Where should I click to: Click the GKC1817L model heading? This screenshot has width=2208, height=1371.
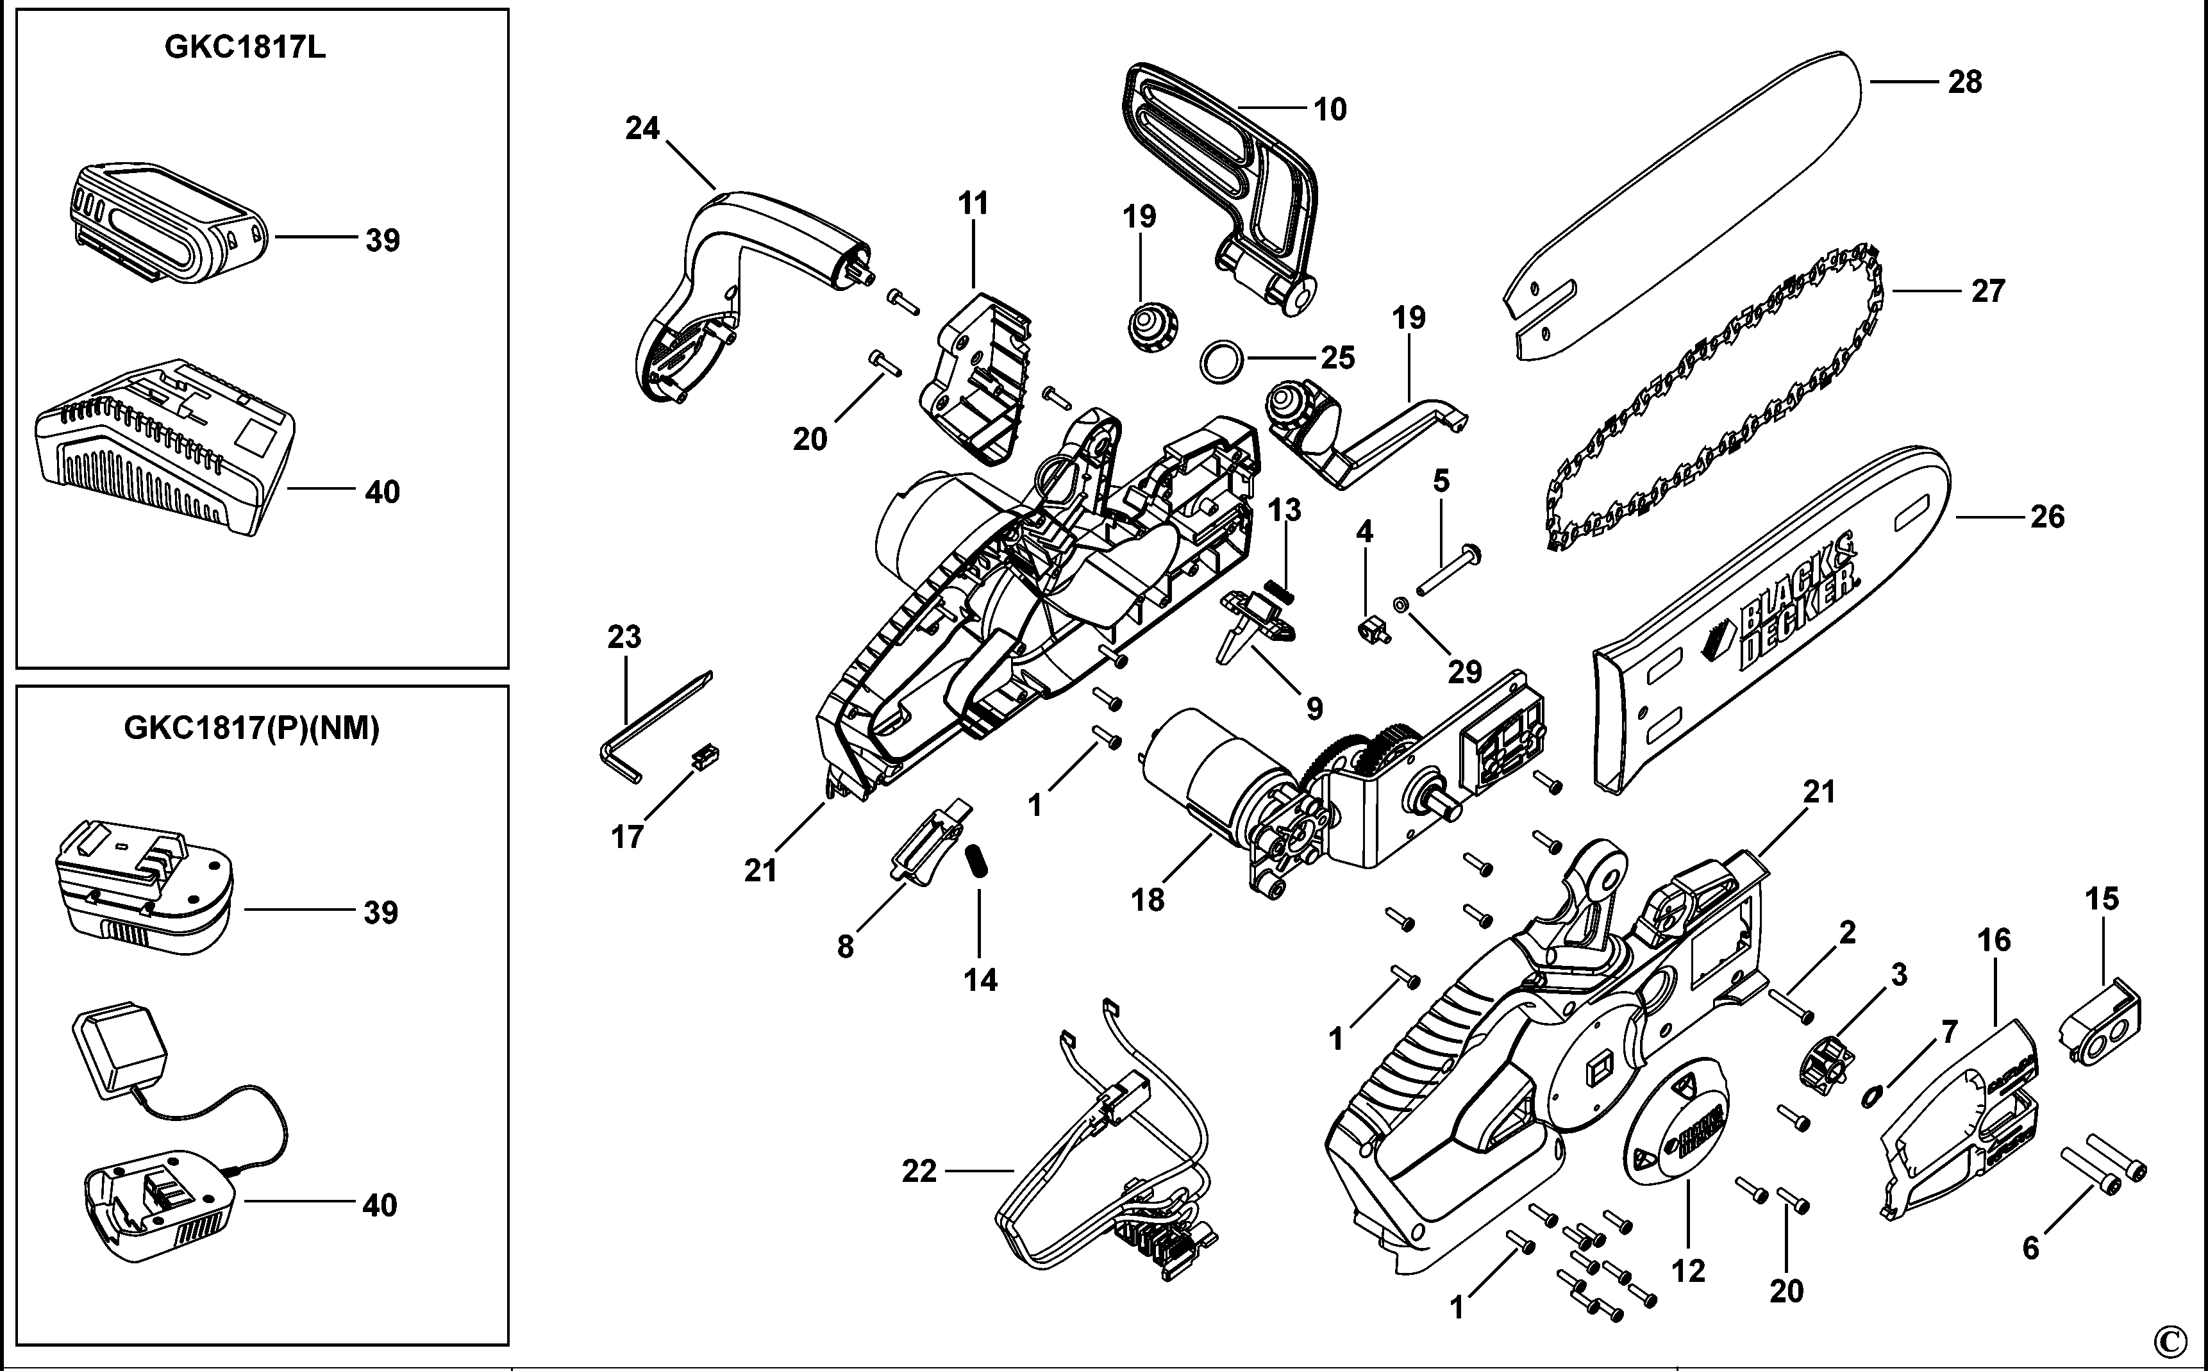[x=245, y=47]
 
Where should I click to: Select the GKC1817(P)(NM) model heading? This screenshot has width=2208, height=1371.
[x=251, y=728]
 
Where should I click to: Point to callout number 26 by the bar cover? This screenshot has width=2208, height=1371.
[x=2048, y=517]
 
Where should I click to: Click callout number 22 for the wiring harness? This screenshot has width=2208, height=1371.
[x=919, y=1172]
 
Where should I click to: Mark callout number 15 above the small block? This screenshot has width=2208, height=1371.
[x=2102, y=899]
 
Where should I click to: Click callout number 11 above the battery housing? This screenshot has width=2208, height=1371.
[x=973, y=204]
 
